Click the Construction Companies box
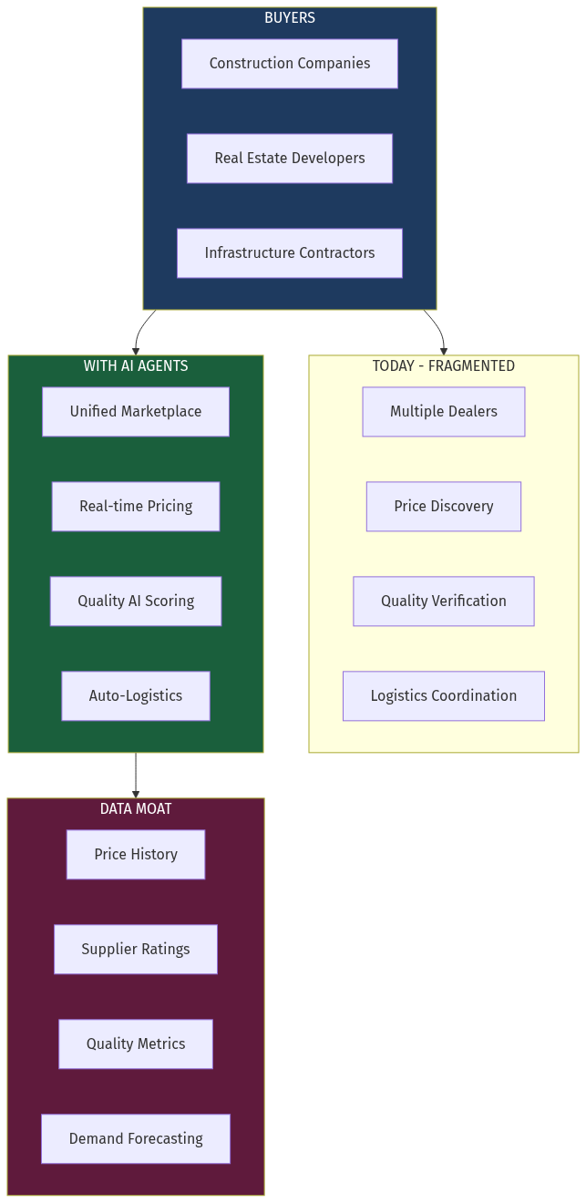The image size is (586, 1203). pos(290,64)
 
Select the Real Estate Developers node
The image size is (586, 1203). pos(290,159)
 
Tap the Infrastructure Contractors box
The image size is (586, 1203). pos(290,253)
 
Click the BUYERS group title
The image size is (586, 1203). pos(290,18)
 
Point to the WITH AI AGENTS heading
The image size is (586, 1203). pos(136,366)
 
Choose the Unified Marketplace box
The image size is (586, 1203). pos(136,412)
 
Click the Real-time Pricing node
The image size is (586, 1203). pos(136,507)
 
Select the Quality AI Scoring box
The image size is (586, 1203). pos(136,601)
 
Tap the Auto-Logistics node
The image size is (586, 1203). pos(136,696)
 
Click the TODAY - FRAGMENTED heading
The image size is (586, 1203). pos(444,366)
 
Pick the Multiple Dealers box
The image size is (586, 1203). pos(444,412)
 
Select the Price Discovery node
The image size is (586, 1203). pos(444,507)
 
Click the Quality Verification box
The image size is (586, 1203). pos(444,601)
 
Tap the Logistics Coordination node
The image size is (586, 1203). pos(444,696)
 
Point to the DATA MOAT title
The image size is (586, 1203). pos(136,809)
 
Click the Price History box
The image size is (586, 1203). pos(136,855)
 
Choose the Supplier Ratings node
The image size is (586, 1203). pos(136,950)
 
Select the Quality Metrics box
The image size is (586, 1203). pos(136,1044)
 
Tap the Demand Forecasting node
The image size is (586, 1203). pos(136,1139)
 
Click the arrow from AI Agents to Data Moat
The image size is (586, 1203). pos(136,776)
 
